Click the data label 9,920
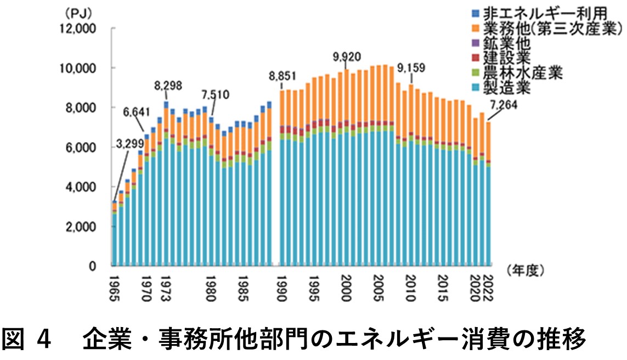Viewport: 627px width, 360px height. click(348, 57)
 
